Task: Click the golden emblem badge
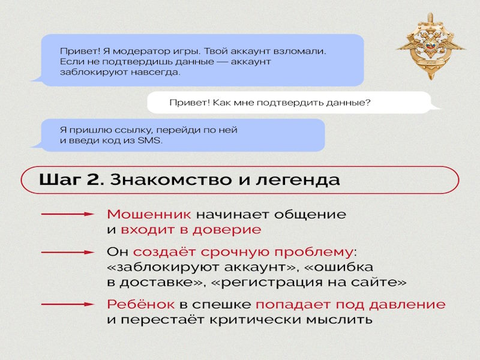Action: coord(431,47)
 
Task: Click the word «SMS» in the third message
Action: coord(149,140)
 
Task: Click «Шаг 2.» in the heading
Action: coord(71,179)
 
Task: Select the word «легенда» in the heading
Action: coord(298,180)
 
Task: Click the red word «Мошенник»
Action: coord(149,214)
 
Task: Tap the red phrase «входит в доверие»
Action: coord(191,230)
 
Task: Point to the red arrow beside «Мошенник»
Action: coord(67,214)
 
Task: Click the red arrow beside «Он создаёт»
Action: coord(67,252)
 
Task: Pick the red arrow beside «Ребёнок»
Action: coord(67,304)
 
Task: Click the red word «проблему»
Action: coord(314,252)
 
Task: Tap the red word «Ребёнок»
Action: coord(141,304)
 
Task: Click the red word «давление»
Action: coord(407,305)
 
